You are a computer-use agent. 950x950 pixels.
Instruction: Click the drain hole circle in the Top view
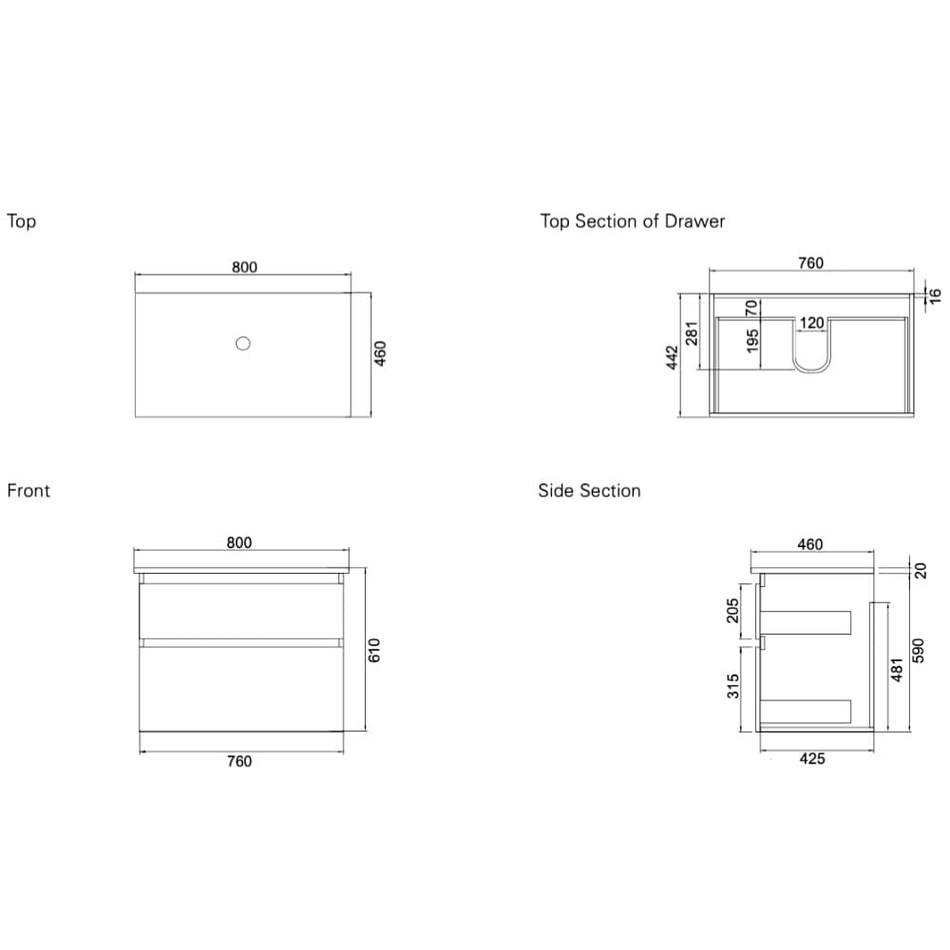(243, 343)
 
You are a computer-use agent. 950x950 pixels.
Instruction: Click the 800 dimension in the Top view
(244, 268)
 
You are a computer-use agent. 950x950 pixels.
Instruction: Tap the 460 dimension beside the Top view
(380, 353)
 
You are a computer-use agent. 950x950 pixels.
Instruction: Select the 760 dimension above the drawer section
(810, 263)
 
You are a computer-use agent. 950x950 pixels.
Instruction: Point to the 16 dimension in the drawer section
(934, 295)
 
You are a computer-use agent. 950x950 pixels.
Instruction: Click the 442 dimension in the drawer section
(673, 357)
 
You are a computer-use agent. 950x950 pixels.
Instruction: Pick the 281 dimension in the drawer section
(693, 332)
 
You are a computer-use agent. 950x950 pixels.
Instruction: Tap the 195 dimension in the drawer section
(752, 341)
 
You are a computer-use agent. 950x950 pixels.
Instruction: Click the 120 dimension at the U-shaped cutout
(811, 323)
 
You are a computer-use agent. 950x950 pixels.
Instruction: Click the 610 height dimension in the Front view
(374, 650)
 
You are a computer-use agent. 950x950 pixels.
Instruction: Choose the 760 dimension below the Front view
(239, 761)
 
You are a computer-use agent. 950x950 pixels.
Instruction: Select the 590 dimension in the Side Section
(918, 651)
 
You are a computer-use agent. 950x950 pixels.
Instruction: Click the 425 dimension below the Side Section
(812, 759)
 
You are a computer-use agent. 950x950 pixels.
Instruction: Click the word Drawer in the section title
(694, 221)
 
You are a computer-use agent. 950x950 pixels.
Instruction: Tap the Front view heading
(28, 491)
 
